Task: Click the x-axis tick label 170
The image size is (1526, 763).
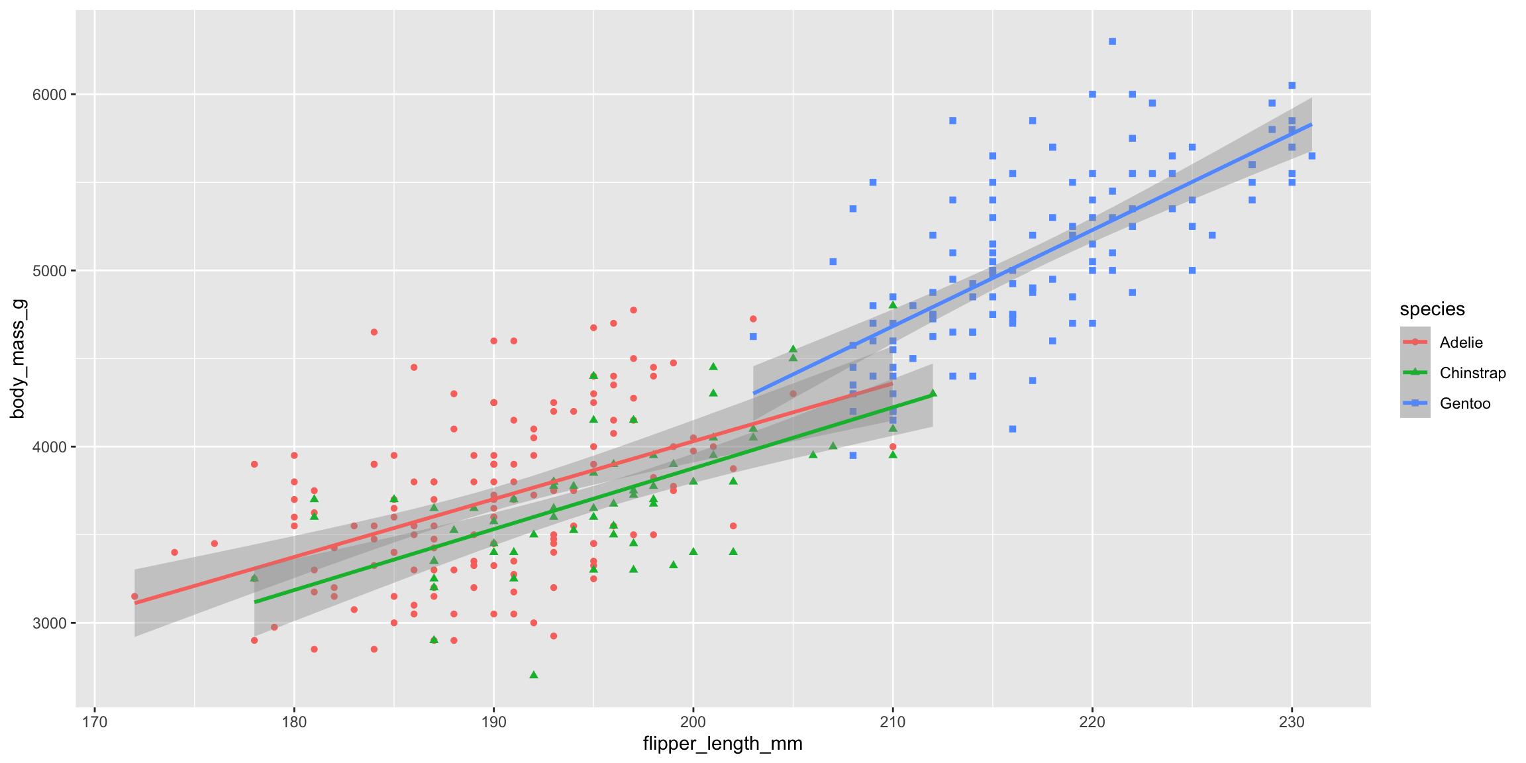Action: point(94,721)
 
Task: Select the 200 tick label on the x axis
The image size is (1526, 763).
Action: point(693,721)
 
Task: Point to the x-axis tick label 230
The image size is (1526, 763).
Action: point(1292,721)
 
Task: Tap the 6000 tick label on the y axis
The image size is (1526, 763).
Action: point(50,95)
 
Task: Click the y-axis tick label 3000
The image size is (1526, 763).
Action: point(50,623)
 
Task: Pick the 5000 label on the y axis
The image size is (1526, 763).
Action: point(50,271)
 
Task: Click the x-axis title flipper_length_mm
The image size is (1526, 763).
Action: point(723,744)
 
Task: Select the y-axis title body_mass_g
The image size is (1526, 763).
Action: point(18,358)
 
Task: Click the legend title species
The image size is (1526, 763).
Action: point(1432,309)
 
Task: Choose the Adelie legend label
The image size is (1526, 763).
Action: point(1461,342)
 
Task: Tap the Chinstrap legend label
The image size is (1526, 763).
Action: point(1472,373)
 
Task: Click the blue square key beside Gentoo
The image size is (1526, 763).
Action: point(1415,403)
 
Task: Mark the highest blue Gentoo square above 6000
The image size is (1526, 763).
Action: point(1112,42)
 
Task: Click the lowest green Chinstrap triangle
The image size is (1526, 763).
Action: point(534,675)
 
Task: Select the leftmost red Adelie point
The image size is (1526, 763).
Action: point(134,596)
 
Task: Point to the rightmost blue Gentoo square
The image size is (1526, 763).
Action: point(1311,156)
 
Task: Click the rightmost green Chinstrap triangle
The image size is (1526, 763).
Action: point(933,393)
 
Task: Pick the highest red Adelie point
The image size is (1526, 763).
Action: point(633,310)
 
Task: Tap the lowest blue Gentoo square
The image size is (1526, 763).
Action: point(853,455)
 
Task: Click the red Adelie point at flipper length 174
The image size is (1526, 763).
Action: point(174,552)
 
